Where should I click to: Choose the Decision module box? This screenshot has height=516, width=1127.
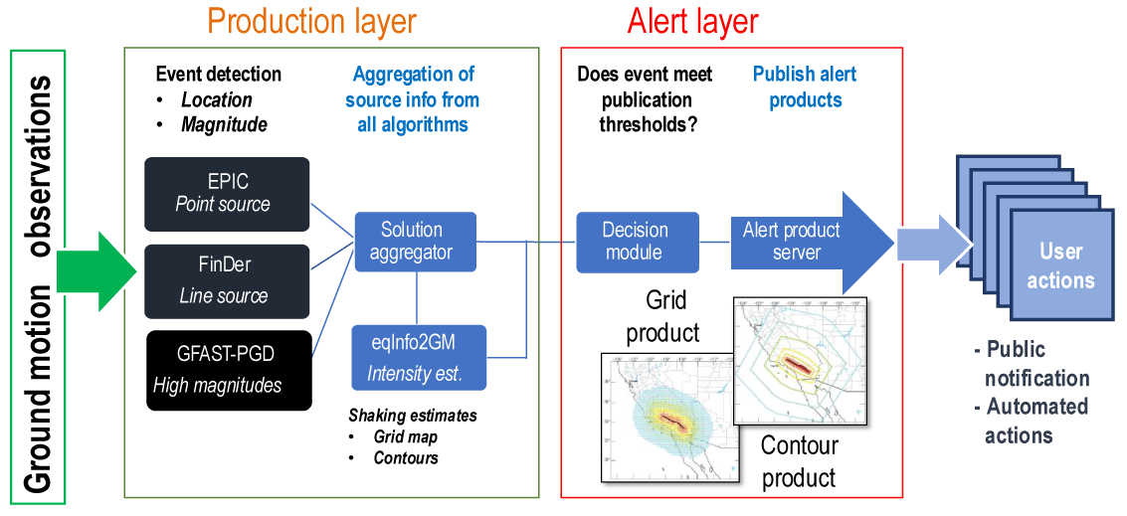(x=636, y=242)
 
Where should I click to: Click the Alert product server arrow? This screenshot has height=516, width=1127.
(x=806, y=242)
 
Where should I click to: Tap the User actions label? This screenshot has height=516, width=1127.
(x=1060, y=266)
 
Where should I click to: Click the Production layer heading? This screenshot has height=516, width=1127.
(x=312, y=22)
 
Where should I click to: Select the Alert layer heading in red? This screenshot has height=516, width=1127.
(x=692, y=22)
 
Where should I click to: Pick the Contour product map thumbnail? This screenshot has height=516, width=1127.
(x=799, y=364)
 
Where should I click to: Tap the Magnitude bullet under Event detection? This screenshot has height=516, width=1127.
(x=224, y=124)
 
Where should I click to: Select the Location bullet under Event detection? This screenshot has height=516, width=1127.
(x=216, y=99)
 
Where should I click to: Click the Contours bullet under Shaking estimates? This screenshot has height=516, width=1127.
(x=406, y=457)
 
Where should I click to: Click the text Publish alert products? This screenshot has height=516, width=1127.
(x=805, y=86)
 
